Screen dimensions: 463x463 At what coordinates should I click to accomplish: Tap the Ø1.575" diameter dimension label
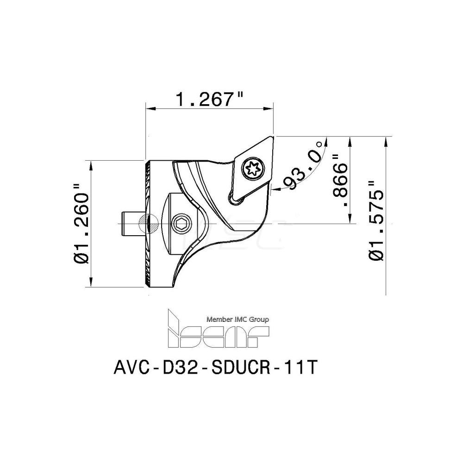click(x=376, y=218)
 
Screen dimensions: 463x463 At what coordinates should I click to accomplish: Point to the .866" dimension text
click(x=342, y=181)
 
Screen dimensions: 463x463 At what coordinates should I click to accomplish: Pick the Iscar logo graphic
click(x=218, y=331)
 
